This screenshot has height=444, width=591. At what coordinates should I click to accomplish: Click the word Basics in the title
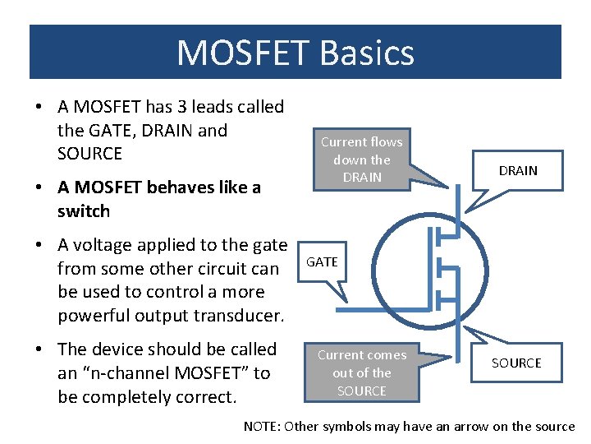click(368, 53)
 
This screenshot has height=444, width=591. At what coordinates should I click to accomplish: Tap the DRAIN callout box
click(517, 170)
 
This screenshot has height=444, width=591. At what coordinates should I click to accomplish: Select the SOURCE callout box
click(516, 363)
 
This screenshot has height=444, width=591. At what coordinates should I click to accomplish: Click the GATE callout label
click(322, 261)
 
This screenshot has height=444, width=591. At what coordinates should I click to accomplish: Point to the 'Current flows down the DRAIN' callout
click(361, 160)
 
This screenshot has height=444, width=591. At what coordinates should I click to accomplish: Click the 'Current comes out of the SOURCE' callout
click(362, 372)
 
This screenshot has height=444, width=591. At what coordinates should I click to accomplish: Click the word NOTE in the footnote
click(261, 426)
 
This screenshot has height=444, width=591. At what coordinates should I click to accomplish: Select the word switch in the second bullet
click(84, 211)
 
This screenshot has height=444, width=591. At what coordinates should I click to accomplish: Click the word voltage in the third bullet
click(103, 245)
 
